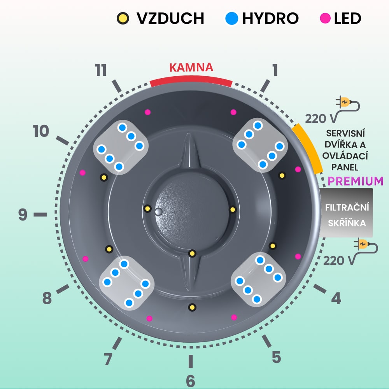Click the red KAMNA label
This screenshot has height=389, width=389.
(191, 67)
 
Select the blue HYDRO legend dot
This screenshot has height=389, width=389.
(232, 18)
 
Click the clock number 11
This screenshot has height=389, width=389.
(101, 70)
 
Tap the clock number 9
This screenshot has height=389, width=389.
(23, 215)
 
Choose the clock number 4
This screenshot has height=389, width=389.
(336, 298)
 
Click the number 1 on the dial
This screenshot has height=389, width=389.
(275, 70)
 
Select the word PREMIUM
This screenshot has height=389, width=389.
(356, 181)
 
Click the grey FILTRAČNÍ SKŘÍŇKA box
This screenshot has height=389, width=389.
(346, 213)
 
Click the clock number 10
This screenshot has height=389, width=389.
(41, 131)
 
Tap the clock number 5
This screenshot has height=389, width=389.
(276, 357)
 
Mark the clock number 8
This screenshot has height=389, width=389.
(47, 299)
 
